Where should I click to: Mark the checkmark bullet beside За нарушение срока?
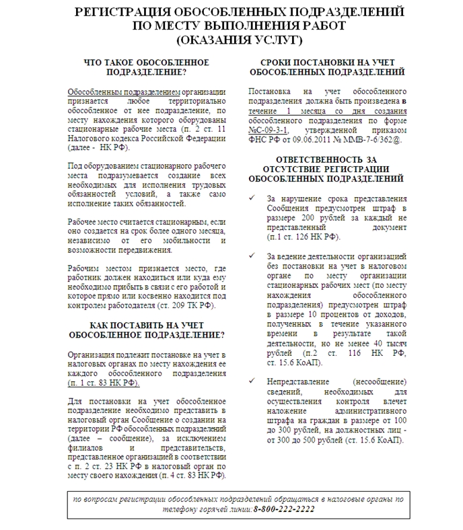click(x=252, y=199)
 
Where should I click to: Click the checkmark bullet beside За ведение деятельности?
click(x=252, y=256)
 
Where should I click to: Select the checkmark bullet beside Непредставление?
click(x=252, y=381)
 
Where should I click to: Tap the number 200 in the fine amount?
click(x=311, y=218)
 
